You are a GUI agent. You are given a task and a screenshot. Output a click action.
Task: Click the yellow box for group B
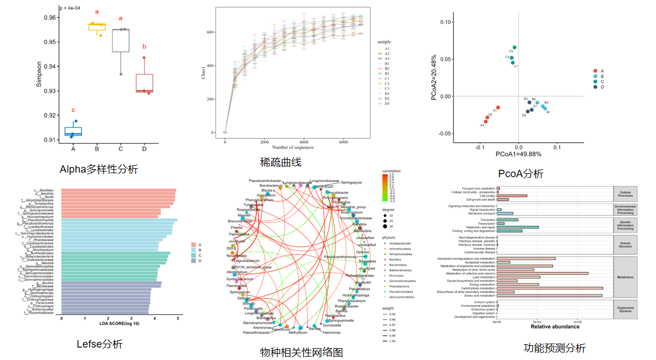pyautogui.click(x=97, y=27)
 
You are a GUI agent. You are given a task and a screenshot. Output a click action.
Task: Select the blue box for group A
pyautogui.click(x=73, y=131)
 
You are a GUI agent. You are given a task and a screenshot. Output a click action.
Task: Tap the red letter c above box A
pyautogui.click(x=72, y=110)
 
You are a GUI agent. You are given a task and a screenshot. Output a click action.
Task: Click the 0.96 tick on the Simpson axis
pyautogui.click(x=50, y=18)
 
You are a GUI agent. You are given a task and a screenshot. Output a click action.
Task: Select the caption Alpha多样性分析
pyautogui.click(x=98, y=169)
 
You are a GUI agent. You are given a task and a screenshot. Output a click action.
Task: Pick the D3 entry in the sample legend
pyautogui.click(x=387, y=104)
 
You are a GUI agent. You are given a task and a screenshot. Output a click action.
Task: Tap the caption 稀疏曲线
pyautogui.click(x=281, y=162)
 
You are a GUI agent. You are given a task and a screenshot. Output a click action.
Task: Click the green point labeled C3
pyautogui.click(x=514, y=48)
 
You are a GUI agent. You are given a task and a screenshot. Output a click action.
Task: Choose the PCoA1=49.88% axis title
pyautogui.click(x=518, y=154)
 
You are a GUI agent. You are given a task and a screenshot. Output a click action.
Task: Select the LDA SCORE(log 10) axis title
pyautogui.click(x=119, y=323)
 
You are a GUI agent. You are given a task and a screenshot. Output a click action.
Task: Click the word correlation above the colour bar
pyautogui.click(x=391, y=170)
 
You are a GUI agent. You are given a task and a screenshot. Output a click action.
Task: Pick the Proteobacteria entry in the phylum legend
pyautogui.click(x=400, y=286)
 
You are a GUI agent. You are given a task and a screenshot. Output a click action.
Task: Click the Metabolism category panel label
pyautogui.click(x=625, y=277)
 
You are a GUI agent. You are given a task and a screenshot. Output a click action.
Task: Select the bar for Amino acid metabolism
pyautogui.click(x=549, y=295)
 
